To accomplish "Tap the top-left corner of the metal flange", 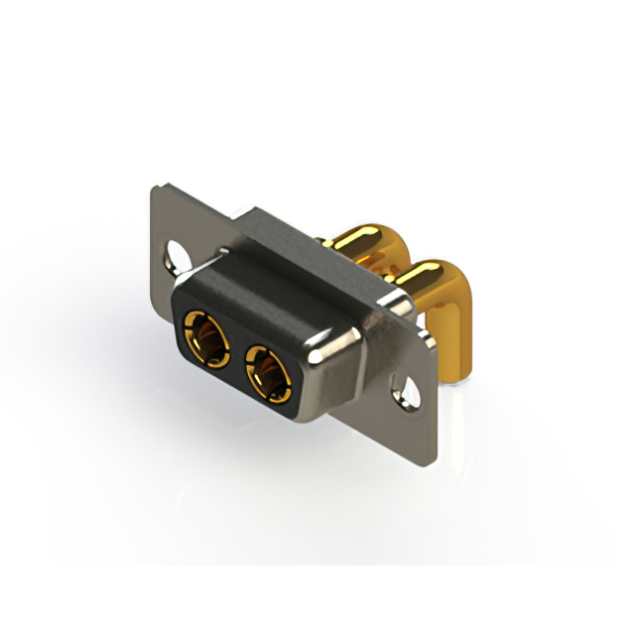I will click(159, 189).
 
